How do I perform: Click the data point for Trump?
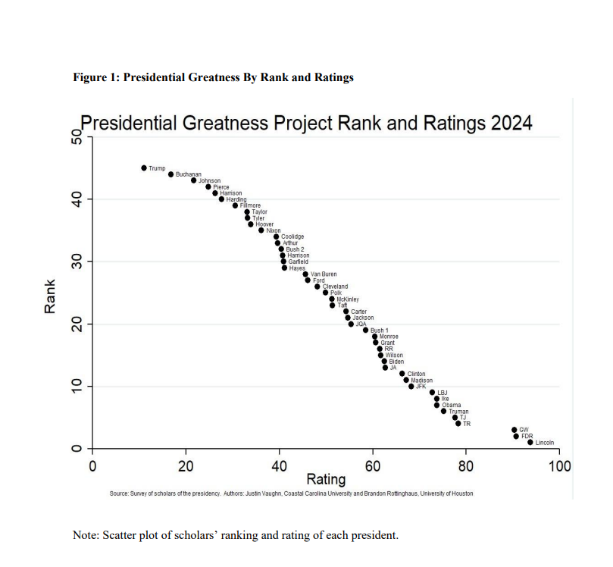(x=144, y=168)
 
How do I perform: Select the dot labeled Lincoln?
(x=530, y=442)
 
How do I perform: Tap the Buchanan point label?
(x=189, y=174)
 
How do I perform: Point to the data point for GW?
(x=514, y=430)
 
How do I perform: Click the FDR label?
(x=527, y=436)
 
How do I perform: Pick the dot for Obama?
(x=437, y=405)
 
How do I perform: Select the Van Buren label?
(x=324, y=274)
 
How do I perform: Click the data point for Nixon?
(x=261, y=230)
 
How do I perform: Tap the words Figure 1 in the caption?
(x=95, y=77)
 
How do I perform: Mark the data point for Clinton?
(x=402, y=374)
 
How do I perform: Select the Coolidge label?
(x=292, y=237)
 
